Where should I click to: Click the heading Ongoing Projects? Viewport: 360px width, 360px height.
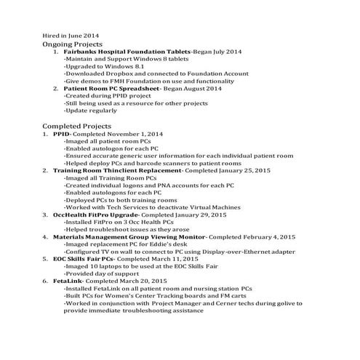pyautogui.click(x=72, y=44)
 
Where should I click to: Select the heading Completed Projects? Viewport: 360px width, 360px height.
pyautogui.click(x=76, y=126)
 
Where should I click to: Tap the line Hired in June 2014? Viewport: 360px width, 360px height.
pyautogui.click(x=71, y=34)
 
